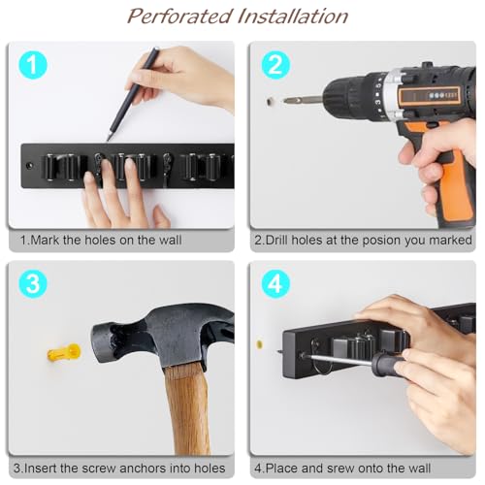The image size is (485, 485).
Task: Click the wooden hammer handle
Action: pos(185,407)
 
